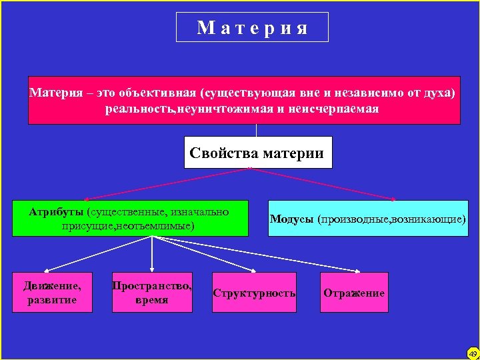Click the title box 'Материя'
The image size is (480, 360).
[252, 27]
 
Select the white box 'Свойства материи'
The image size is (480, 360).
[257, 153]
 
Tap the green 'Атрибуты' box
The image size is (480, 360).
[130, 218]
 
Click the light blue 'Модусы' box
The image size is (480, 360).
[367, 218]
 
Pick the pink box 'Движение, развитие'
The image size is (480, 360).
[53, 292]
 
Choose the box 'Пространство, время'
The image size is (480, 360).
[152, 292]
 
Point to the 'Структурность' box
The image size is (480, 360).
[254, 292]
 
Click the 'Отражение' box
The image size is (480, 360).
[354, 292]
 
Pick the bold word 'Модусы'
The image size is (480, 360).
[292, 219]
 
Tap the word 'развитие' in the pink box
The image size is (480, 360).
[53, 300]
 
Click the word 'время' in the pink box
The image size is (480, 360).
[152, 300]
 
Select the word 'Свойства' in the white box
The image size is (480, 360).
[225, 153]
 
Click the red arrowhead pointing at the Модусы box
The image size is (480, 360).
[395, 198]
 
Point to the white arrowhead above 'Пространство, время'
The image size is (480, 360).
[153, 269]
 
